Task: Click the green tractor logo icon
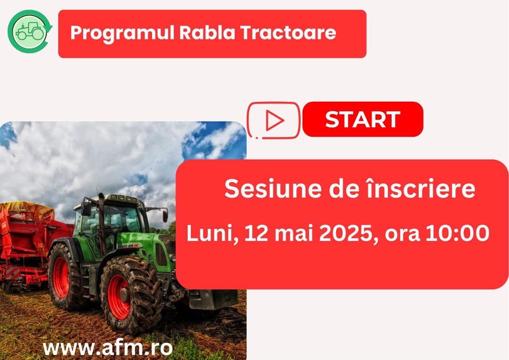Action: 29,31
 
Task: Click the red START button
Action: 363,119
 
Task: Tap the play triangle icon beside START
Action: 274,119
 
